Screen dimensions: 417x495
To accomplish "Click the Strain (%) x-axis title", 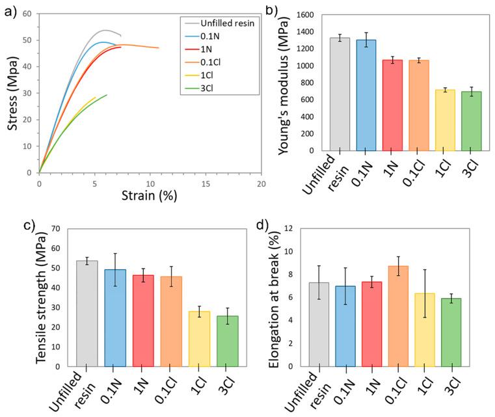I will pyautogui.click(x=149, y=195).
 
